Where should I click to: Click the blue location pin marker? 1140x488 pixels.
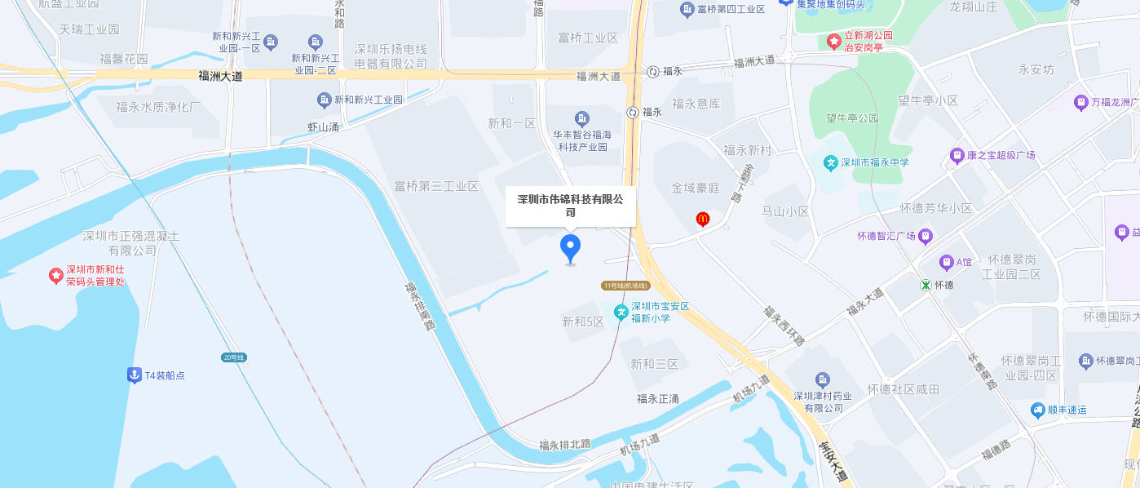pyautogui.click(x=570, y=247)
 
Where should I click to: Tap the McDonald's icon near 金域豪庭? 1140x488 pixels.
pyautogui.click(x=701, y=219)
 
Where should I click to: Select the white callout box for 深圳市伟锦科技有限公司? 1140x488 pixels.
pyautogui.click(x=570, y=206)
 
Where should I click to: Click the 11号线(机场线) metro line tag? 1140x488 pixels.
pyautogui.click(x=625, y=286)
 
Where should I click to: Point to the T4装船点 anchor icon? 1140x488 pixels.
pyautogui.click(x=134, y=375)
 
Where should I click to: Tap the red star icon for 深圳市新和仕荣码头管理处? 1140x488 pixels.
pyautogui.click(x=55, y=276)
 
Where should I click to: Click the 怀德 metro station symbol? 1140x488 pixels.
pyautogui.click(x=926, y=285)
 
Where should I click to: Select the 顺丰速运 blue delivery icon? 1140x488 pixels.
pyautogui.click(x=1037, y=410)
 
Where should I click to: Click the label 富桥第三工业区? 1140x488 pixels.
pyautogui.click(x=436, y=186)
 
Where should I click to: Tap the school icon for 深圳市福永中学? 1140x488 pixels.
pyautogui.click(x=831, y=162)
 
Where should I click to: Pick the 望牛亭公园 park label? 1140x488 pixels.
pyautogui.click(x=851, y=118)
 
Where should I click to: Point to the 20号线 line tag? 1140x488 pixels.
pyautogui.click(x=233, y=357)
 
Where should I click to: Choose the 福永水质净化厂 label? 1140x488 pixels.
pyautogui.click(x=158, y=107)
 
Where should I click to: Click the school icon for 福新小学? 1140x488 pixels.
pyautogui.click(x=621, y=312)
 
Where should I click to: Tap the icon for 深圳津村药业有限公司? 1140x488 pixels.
pyautogui.click(x=822, y=380)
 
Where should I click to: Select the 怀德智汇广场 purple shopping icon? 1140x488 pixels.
pyautogui.click(x=926, y=237)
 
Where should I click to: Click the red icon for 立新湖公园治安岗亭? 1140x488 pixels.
pyautogui.click(x=834, y=41)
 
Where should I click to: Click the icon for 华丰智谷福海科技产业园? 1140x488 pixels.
pyautogui.click(x=581, y=118)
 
